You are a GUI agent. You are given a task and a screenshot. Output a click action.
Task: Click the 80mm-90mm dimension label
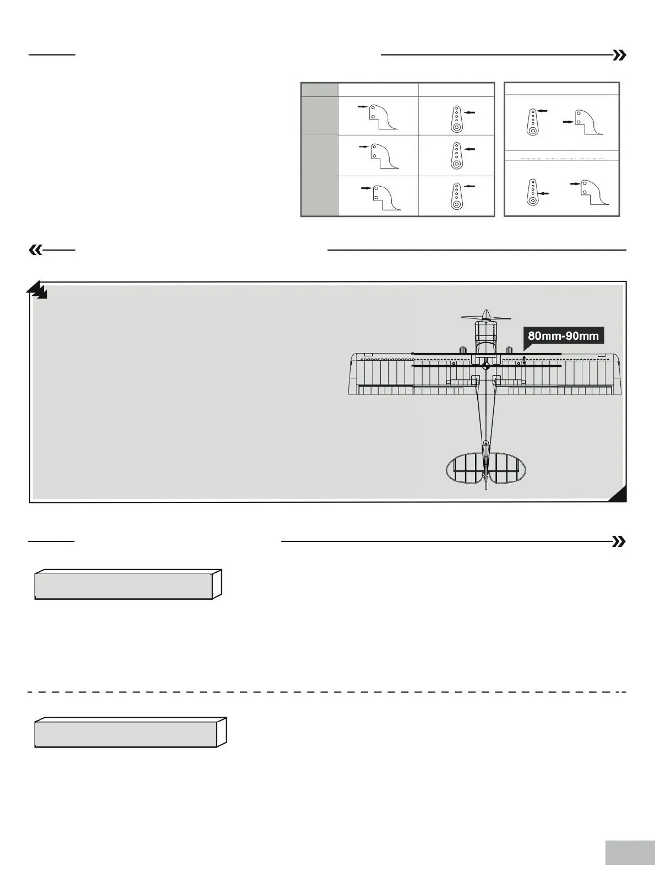(563, 335)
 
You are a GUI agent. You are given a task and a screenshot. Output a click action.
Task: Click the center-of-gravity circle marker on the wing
(485, 366)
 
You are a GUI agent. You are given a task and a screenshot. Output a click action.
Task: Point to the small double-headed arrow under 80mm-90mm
(524, 360)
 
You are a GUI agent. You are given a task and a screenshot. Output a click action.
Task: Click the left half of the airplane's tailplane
(465, 469)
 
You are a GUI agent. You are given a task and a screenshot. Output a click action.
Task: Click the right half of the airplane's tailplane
(507, 469)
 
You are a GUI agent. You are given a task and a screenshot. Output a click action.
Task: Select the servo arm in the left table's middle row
(456, 155)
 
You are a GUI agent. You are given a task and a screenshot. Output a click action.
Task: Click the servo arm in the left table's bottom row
(456, 196)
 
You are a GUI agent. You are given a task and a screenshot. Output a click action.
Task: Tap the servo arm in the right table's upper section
(532, 122)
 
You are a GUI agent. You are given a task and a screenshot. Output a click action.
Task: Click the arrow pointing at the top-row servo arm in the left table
(470, 112)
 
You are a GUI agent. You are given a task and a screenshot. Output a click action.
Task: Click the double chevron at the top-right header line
(620, 55)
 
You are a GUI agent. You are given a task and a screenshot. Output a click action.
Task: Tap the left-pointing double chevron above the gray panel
(35, 250)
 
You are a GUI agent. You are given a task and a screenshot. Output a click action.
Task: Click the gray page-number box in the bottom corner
(630, 852)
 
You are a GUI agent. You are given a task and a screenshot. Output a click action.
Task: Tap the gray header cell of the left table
(319, 90)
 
